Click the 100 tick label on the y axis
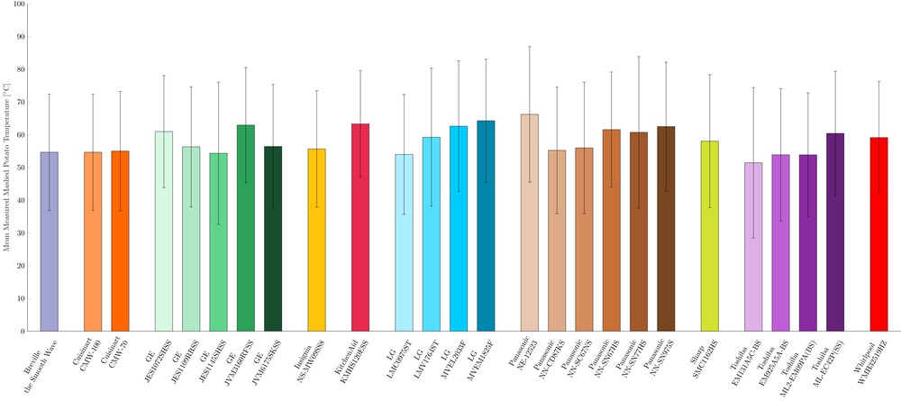(x=19, y=5)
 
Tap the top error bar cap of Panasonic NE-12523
(x=530, y=46)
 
